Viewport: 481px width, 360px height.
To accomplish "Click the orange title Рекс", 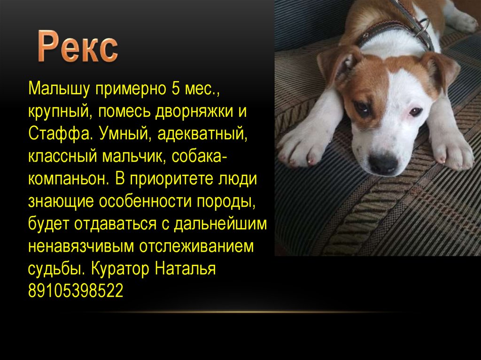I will (78, 47).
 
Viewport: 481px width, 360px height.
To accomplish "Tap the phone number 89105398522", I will (75, 291).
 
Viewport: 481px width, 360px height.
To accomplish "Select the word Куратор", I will (120, 269).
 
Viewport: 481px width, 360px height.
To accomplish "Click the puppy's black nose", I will (383, 163).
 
